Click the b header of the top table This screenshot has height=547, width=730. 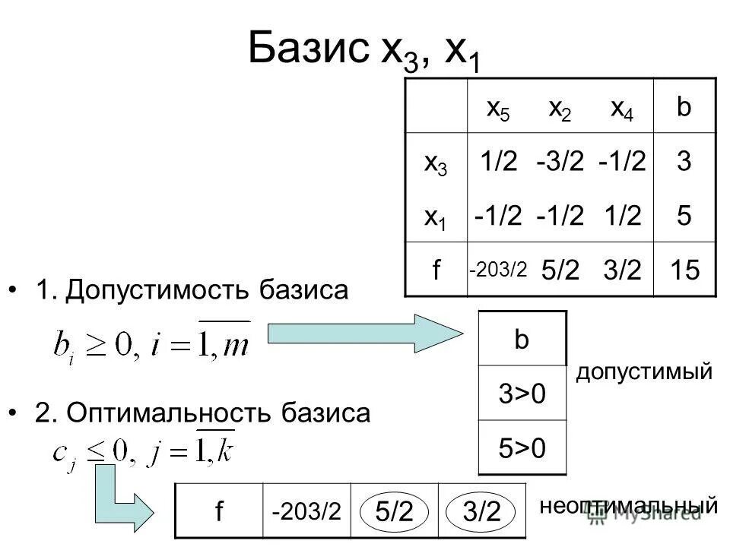click(x=684, y=108)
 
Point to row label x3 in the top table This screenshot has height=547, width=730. click(x=436, y=163)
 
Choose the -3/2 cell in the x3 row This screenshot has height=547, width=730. click(x=561, y=162)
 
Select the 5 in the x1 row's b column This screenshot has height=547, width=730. click(x=684, y=217)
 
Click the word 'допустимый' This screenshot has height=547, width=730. click(x=644, y=372)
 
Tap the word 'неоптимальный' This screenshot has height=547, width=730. click(x=629, y=506)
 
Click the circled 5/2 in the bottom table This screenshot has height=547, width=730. click(x=395, y=512)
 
